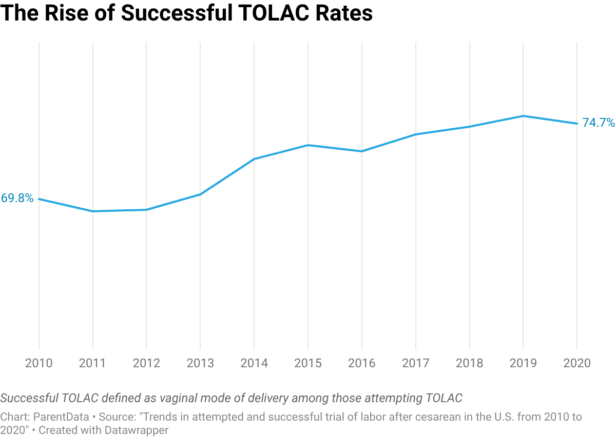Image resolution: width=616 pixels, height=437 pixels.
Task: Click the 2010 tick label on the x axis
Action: pos(39,363)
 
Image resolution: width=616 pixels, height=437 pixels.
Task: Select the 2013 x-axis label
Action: pos(200,363)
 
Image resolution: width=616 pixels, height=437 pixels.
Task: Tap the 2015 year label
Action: pos(308,363)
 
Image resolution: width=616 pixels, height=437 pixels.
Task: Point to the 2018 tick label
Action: pos(469,363)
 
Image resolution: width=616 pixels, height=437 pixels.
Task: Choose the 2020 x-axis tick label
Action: pos(577,363)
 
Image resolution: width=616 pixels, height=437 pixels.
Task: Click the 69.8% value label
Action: pos(17,198)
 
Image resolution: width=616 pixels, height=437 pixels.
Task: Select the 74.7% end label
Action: pos(598,123)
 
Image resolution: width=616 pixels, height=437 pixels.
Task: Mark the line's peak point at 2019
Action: pos(524,116)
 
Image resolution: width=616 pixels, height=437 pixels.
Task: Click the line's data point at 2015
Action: pos(308,145)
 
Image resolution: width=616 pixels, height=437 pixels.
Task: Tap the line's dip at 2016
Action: pos(362,151)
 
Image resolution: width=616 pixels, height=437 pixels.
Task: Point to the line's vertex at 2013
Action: pos(200,194)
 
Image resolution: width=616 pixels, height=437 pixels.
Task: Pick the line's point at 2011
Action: pos(93,210)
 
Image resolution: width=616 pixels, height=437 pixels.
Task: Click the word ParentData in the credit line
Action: pos(65,417)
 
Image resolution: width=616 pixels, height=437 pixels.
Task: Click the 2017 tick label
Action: pos(416,363)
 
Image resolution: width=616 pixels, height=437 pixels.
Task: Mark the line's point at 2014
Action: pos(254,159)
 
